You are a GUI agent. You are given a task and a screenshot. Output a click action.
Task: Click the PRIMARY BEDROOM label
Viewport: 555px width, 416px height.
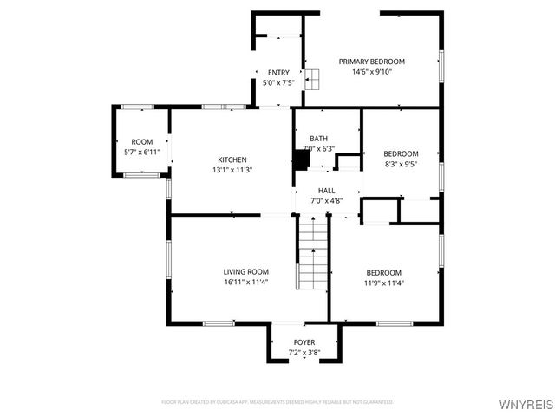(x=371, y=62)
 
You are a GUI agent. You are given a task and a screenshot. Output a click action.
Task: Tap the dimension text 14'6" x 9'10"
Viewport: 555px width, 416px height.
(x=371, y=72)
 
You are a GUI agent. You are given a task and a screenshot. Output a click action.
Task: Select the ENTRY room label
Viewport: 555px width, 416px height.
(x=278, y=73)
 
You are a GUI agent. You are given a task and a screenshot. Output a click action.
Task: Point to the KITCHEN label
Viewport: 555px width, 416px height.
(x=232, y=159)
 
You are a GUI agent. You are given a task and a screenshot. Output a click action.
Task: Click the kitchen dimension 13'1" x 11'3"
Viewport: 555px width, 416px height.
(x=232, y=170)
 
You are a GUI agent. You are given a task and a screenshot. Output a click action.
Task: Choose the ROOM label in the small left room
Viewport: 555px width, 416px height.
(x=141, y=142)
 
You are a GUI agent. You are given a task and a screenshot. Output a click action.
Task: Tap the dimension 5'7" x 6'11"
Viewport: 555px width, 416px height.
(x=141, y=153)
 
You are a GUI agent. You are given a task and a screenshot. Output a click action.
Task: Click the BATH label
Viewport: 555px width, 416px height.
(x=318, y=139)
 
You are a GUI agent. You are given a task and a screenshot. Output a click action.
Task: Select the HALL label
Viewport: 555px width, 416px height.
(x=326, y=191)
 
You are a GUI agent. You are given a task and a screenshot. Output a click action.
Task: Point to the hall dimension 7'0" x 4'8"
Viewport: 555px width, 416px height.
(x=326, y=201)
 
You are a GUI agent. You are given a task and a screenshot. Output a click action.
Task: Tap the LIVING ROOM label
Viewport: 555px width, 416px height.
(x=246, y=271)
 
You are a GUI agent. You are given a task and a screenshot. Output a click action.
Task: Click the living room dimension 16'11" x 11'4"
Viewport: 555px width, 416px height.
(x=246, y=282)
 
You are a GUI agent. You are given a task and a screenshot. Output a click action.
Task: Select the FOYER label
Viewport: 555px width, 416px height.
(x=304, y=342)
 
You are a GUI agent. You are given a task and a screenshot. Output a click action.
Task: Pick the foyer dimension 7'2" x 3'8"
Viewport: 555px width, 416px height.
(x=304, y=353)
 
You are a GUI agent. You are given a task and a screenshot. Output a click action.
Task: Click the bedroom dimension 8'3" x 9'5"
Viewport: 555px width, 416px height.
(x=401, y=164)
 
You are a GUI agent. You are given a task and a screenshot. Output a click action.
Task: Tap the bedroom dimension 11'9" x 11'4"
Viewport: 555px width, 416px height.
(x=383, y=282)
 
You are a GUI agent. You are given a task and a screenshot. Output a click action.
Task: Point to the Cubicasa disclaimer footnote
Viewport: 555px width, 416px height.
(x=277, y=402)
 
